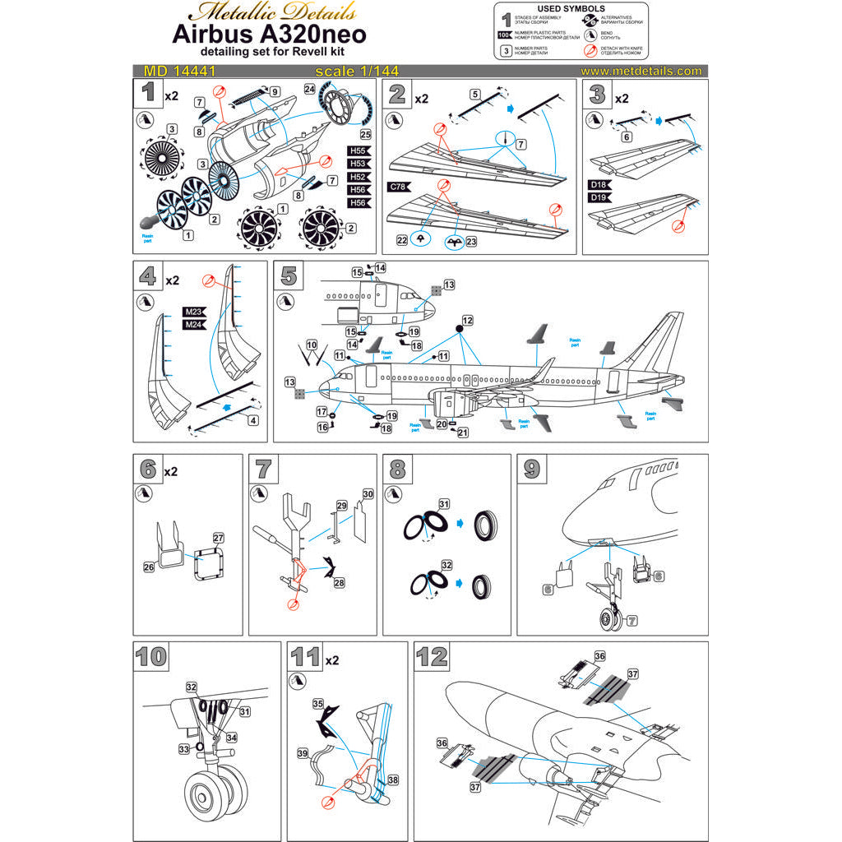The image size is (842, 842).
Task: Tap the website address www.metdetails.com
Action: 641,72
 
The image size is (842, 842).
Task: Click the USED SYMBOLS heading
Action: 571,9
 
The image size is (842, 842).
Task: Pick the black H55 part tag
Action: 359,150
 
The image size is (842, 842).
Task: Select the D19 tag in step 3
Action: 599,197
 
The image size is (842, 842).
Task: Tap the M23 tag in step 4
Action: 194,312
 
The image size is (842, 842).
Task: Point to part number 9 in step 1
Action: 275,91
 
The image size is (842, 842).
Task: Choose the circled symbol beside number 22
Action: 419,238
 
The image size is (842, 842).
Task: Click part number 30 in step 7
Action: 368,493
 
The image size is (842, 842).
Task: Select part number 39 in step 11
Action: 302,753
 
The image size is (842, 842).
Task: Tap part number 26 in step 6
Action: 149,567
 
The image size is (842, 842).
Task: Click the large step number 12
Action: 433,657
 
